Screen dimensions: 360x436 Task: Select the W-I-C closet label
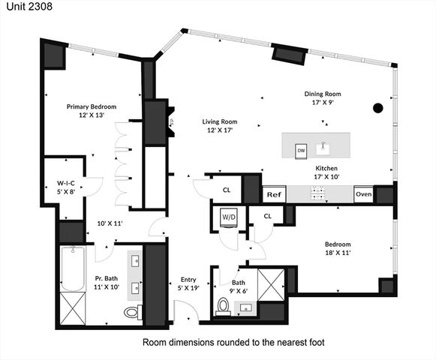tap(65, 182)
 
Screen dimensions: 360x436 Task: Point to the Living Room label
tap(220, 121)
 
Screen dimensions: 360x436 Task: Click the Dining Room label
tap(323, 94)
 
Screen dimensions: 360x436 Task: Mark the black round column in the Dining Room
tap(377, 108)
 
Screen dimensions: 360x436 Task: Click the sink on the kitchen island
tap(324, 145)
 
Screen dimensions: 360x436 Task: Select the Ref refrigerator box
tap(273, 194)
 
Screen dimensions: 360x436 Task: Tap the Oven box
tap(363, 194)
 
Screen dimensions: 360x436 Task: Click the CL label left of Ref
tap(226, 190)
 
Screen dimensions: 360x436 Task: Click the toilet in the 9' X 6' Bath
tap(223, 305)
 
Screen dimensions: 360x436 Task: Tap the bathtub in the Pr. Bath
tap(74, 274)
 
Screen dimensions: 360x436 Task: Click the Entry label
tap(188, 279)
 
